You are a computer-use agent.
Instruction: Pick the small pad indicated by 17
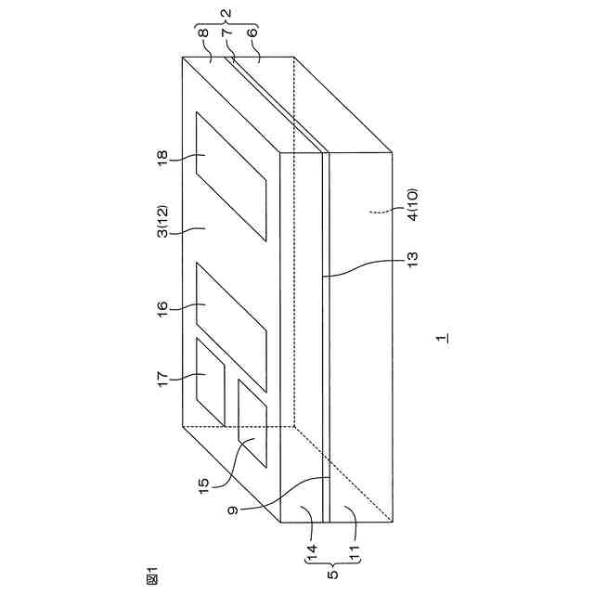210,382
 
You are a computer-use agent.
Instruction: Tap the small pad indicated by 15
252,422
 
